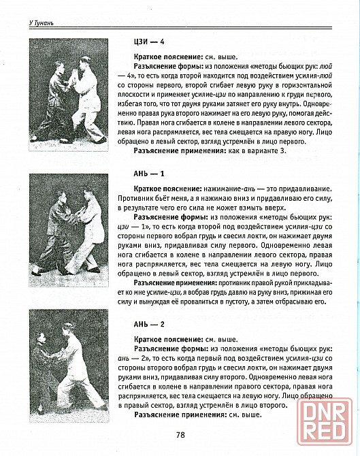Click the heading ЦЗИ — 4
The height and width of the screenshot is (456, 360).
(x=149, y=42)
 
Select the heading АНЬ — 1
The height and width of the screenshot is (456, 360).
(x=149, y=174)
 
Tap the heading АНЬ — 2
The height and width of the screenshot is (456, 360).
(x=149, y=324)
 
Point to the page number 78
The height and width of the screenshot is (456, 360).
(x=180, y=435)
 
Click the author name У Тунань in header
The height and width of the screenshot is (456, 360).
(x=41, y=23)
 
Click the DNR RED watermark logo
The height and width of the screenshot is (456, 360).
(x=325, y=422)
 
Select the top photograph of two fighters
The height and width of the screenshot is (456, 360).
(x=69, y=95)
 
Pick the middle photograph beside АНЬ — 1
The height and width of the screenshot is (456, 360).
(x=69, y=230)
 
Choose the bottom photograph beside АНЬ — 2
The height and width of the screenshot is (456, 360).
(x=69, y=366)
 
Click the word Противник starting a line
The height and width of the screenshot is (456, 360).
(x=133, y=198)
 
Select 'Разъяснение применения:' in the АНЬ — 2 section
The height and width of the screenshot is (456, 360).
(x=180, y=414)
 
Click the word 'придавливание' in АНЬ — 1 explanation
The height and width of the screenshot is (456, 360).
(x=305, y=189)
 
